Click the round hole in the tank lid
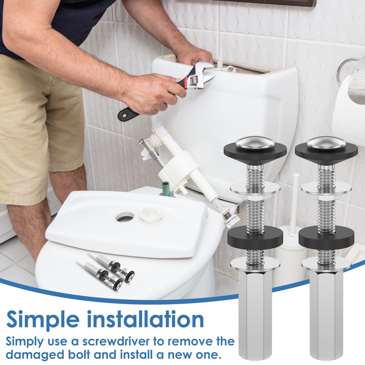click(x=125, y=216)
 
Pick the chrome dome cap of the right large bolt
click(x=326, y=143)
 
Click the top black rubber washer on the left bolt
click(x=255, y=150)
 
